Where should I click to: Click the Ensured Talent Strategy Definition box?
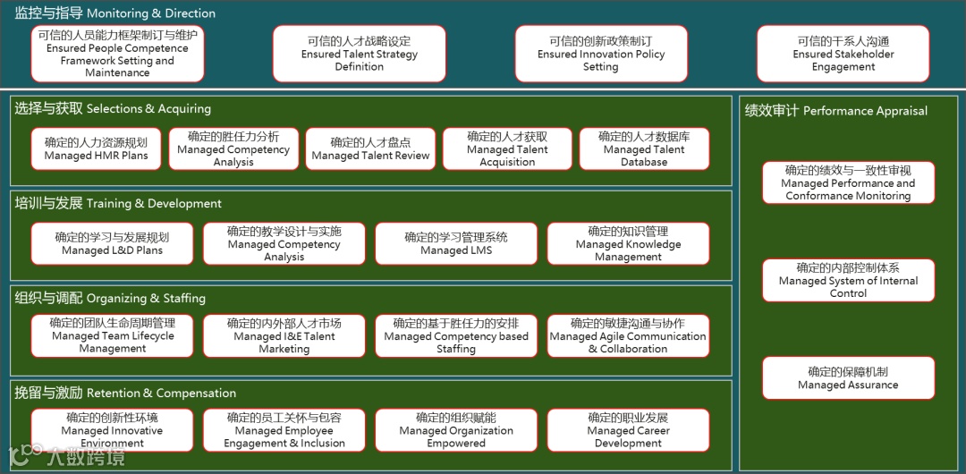[359, 54]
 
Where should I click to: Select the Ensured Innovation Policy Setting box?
[601, 54]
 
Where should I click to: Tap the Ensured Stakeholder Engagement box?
[843, 54]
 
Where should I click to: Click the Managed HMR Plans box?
[96, 149]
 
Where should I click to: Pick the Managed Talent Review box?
[370, 149]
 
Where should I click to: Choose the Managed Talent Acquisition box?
[507, 149]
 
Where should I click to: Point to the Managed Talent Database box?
[644, 149]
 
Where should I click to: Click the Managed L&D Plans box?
[112, 244]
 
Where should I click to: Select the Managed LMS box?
[456, 244]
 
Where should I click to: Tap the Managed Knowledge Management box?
[628, 244]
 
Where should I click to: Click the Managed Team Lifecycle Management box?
[112, 336]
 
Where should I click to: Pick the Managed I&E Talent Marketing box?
[284, 336]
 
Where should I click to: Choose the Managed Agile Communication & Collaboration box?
[628, 336]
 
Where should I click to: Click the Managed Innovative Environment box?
[112, 430]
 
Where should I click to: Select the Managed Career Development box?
[628, 430]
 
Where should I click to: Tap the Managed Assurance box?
[848, 378]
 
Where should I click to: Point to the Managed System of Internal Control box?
[848, 281]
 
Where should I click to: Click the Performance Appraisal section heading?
[836, 111]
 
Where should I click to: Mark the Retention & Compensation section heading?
[125, 393]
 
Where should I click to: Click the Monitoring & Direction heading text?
[115, 13]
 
